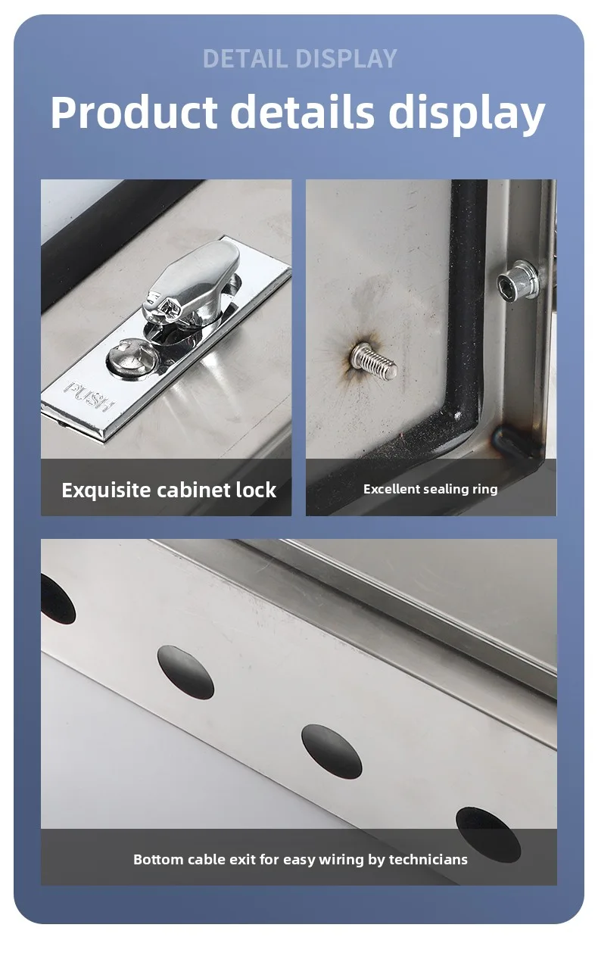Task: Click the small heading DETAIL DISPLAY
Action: click(300, 59)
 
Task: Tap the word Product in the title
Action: click(134, 113)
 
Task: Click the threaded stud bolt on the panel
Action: click(374, 361)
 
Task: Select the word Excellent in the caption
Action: click(391, 489)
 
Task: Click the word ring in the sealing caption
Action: click(486, 490)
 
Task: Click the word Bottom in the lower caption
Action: click(158, 859)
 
